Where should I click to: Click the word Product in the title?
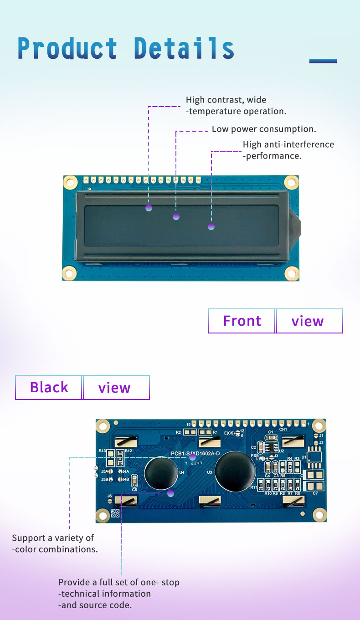click(x=67, y=48)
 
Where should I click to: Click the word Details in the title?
click(x=184, y=48)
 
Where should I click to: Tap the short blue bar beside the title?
click(x=323, y=61)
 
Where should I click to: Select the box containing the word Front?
click(x=242, y=321)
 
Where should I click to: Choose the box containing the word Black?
click(x=49, y=388)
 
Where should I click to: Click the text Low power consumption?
click(x=264, y=129)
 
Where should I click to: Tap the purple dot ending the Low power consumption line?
click(x=176, y=216)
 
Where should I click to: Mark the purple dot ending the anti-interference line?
click(x=211, y=226)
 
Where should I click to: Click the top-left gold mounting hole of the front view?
click(x=70, y=183)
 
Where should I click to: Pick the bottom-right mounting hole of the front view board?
click(x=291, y=273)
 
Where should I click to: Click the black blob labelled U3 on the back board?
click(x=235, y=470)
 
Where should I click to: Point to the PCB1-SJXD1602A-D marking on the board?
click(x=195, y=454)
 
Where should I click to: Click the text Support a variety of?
click(x=53, y=538)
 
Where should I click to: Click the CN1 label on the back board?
click(x=283, y=429)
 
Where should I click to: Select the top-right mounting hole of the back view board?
click(x=319, y=426)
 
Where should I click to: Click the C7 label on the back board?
click(x=315, y=493)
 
